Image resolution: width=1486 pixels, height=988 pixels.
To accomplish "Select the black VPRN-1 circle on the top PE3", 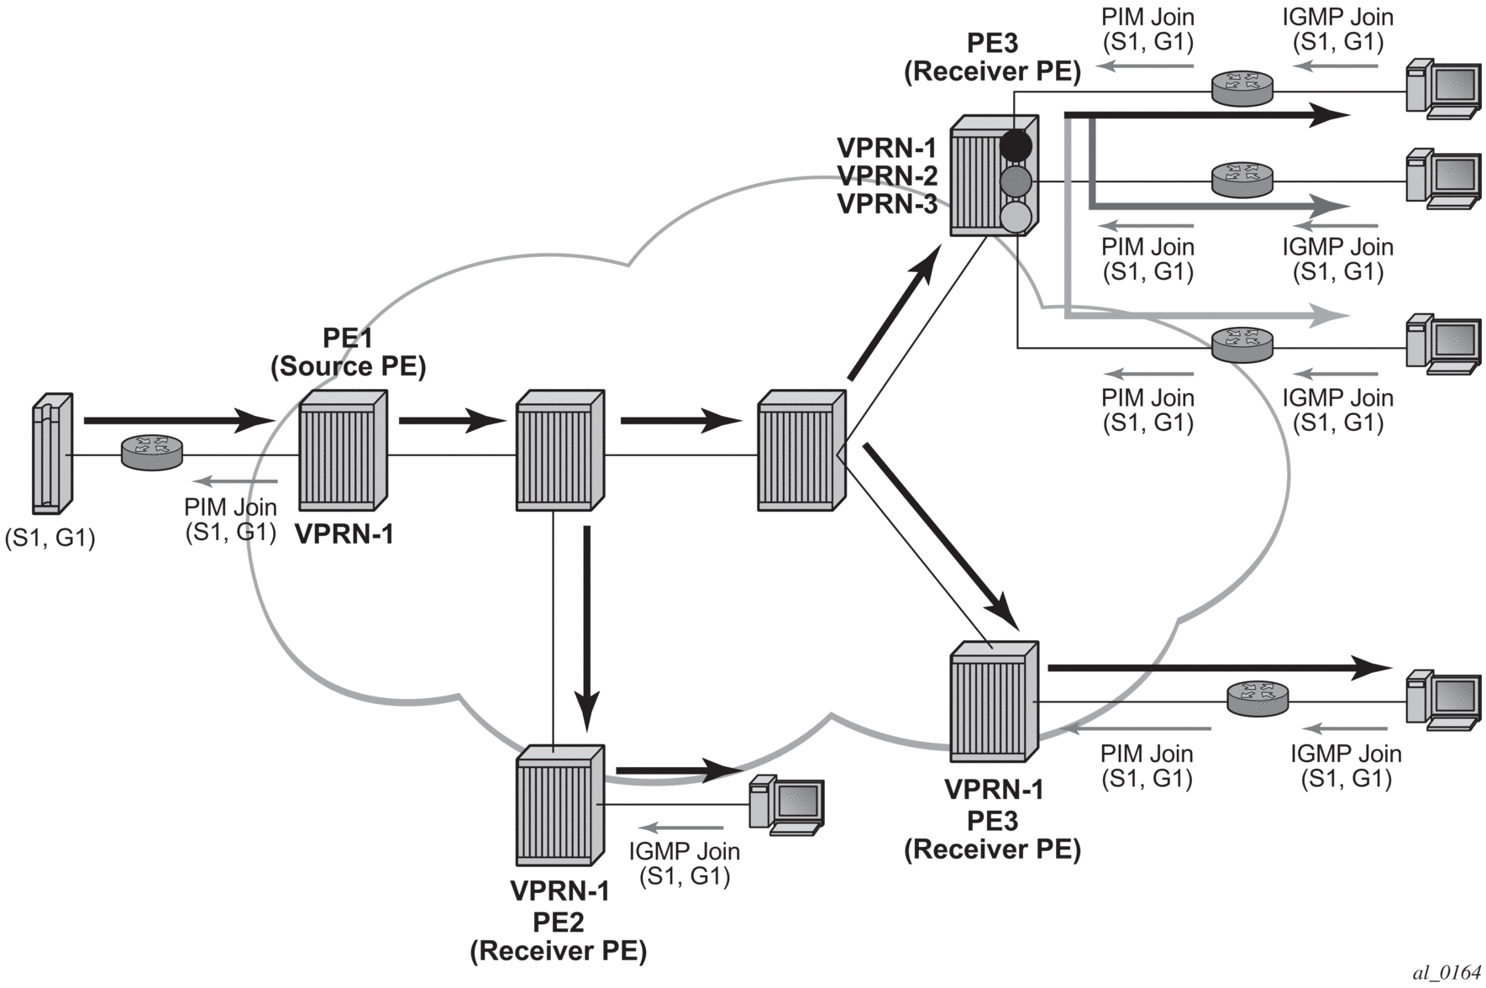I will pos(1016,145).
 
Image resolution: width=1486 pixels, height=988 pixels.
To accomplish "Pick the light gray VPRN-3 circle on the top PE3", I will pos(1016,217).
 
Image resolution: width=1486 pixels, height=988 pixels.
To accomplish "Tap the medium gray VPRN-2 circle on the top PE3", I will pos(1016,181).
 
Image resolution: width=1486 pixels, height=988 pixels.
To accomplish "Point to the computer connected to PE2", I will pos(786,804).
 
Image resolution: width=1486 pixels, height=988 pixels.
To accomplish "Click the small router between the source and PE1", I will pos(152,452).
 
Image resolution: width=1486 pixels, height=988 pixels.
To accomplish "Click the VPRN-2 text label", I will pos(887,176).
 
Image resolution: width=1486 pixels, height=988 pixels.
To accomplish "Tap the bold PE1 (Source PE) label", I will pos(348,352).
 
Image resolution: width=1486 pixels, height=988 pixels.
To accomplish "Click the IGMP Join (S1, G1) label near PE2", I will pos(684,864).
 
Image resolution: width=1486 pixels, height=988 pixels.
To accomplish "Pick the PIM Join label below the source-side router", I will pos(230,519).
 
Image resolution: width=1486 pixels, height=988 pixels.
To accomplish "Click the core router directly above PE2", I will pos(559,450).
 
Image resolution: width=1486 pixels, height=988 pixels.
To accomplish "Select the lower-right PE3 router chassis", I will pos(994,702).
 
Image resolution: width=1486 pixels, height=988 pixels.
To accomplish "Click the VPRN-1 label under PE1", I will pos(344,534).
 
